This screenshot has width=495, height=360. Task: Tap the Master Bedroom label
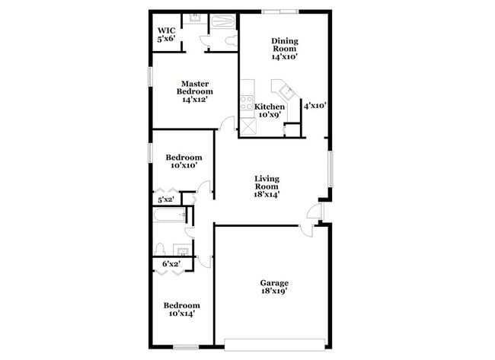coord(194,91)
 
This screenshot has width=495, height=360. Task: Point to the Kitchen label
coord(270,107)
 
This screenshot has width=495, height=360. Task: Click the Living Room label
coord(267,186)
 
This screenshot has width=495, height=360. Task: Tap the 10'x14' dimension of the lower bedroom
coord(182,313)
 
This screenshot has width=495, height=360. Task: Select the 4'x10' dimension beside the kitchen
coord(315,107)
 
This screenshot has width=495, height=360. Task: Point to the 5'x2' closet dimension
coord(165,199)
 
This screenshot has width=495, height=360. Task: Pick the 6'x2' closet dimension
coord(170,264)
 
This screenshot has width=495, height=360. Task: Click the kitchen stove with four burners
coord(247,102)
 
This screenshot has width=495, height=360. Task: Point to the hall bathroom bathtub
coord(170,218)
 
